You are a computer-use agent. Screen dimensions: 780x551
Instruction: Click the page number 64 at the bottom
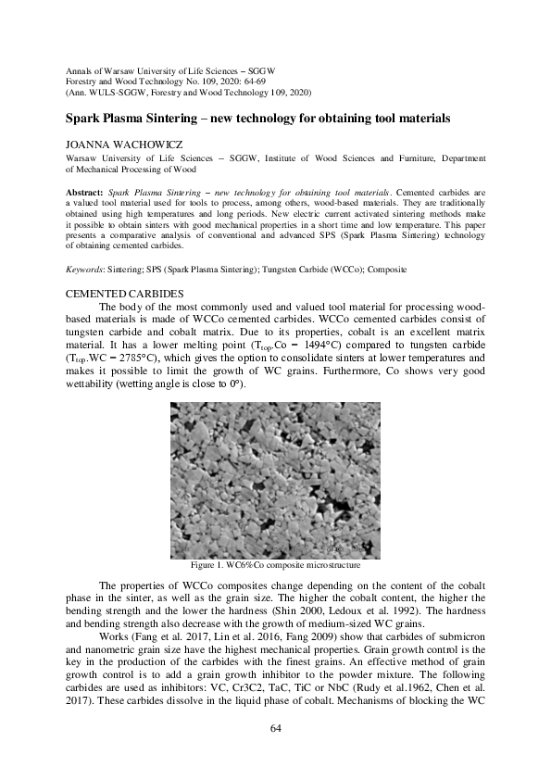click(x=275, y=728)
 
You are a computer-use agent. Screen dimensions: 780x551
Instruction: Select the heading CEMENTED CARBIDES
click(x=118, y=293)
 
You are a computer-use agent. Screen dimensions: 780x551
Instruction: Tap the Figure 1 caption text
click(x=275, y=563)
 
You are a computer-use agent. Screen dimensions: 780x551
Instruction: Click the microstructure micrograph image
click(x=275, y=479)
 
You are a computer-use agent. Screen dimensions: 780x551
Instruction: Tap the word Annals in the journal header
click(x=79, y=71)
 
